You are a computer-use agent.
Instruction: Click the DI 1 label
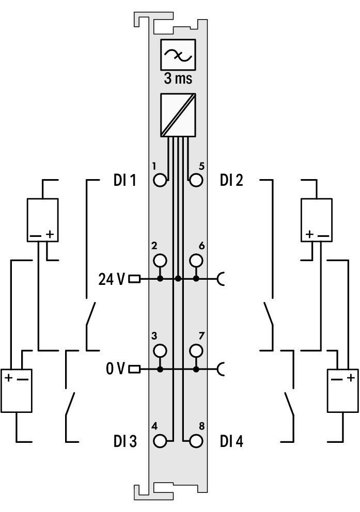(x=124, y=180)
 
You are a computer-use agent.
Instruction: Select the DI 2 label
(x=231, y=180)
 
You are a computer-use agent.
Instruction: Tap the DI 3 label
(x=125, y=441)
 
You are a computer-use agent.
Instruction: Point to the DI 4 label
(x=231, y=441)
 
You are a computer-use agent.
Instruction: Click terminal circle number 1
(x=160, y=180)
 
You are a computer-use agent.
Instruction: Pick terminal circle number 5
(x=196, y=180)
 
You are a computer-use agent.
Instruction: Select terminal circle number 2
(x=160, y=261)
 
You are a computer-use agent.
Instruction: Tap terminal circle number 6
(x=196, y=261)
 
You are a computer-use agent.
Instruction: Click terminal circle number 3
(x=160, y=350)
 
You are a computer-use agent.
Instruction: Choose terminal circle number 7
(x=196, y=350)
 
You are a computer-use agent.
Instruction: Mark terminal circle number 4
(x=160, y=441)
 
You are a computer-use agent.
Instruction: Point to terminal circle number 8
(x=196, y=441)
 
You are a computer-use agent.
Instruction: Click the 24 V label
(x=112, y=279)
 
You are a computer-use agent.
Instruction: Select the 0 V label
(x=115, y=369)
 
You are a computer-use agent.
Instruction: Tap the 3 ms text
(x=178, y=78)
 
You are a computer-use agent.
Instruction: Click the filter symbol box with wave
(x=178, y=55)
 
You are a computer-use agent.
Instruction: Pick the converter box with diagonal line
(x=178, y=115)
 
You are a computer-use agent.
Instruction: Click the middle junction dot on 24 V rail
(x=178, y=279)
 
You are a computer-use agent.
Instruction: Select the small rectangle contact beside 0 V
(x=135, y=370)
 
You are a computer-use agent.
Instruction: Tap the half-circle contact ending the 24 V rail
(x=221, y=279)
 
